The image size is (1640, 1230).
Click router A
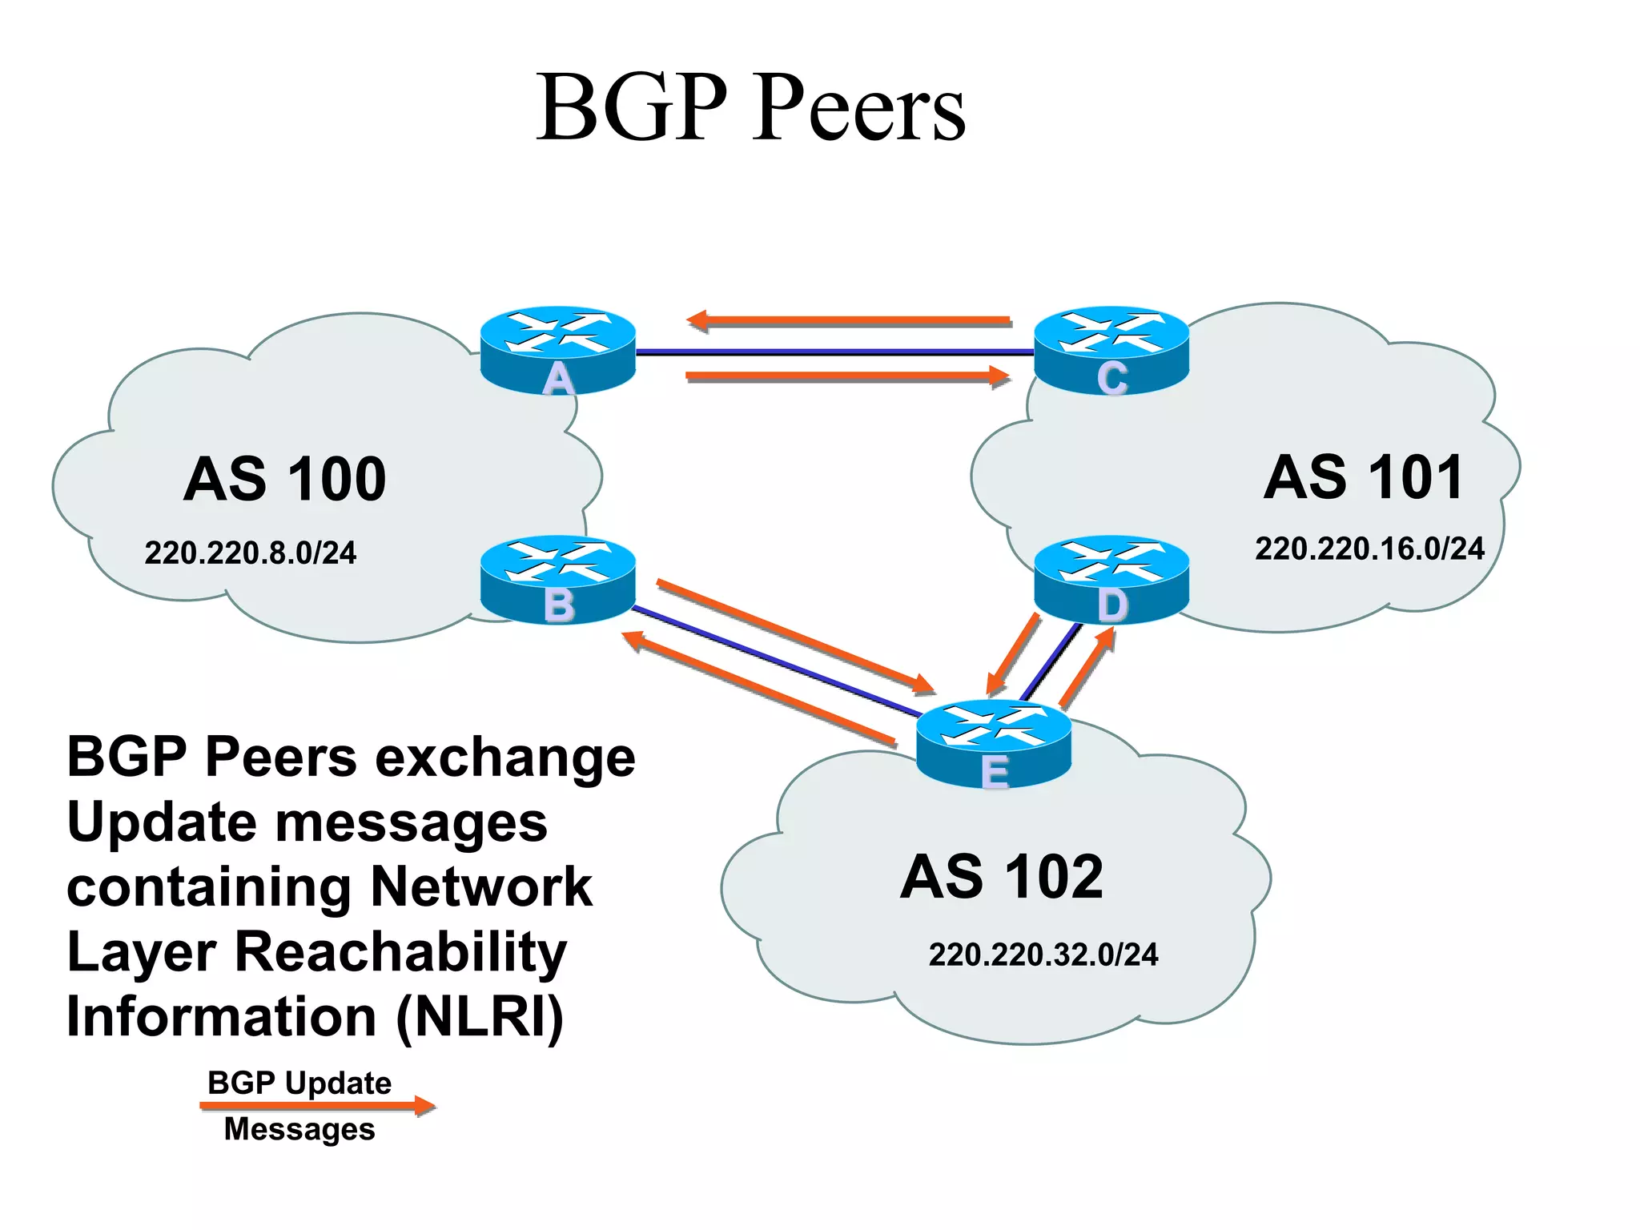coord(558,350)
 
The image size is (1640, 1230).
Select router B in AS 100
coord(558,578)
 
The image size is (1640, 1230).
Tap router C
coord(1111,350)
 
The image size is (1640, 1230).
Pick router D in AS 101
coord(1111,578)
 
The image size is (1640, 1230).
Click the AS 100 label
coord(285,480)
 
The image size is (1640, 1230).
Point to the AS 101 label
coord(1364,477)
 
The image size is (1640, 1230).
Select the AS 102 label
coord(1002,877)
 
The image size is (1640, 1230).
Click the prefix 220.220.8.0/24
coord(250,553)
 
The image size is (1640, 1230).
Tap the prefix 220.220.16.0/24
coord(1369,549)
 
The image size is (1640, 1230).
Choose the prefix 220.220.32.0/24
coord(1043,955)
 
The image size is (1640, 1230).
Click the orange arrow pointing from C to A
coord(849,321)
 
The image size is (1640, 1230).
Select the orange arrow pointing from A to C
coord(849,376)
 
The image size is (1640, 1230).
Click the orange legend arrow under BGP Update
coord(317,1106)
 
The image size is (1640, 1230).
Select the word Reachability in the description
coord(400,952)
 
